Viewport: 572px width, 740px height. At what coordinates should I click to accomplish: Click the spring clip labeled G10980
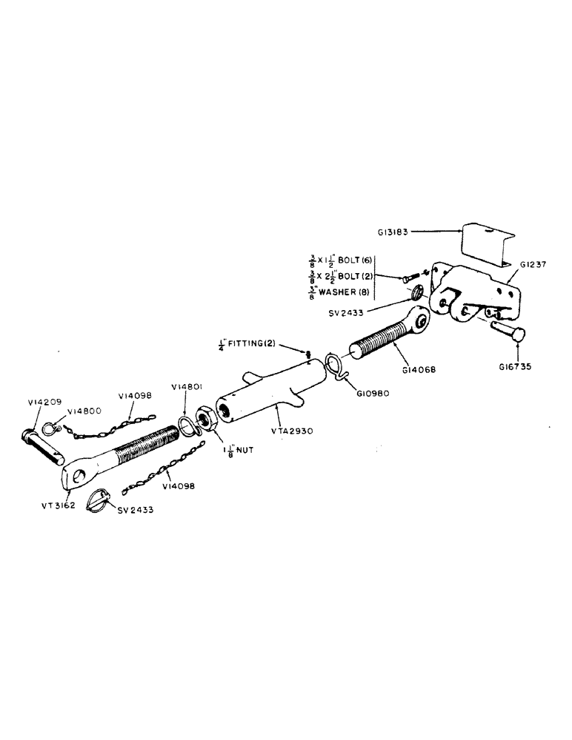(335, 367)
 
